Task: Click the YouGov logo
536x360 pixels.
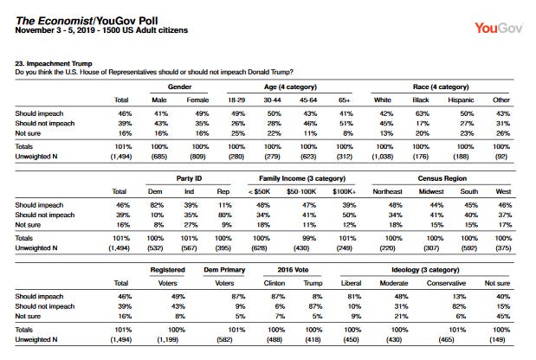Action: point(499,28)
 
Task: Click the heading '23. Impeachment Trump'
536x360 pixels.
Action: point(54,63)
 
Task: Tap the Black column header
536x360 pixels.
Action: point(421,100)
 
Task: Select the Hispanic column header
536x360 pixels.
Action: point(461,100)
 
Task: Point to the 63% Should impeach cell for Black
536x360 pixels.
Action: point(423,113)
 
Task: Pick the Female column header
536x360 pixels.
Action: point(197,100)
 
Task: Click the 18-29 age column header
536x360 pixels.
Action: point(236,100)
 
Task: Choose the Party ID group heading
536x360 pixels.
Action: point(189,178)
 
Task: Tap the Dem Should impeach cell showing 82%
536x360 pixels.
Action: point(157,205)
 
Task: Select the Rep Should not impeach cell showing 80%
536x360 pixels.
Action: point(225,215)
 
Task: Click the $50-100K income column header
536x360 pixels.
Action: point(301,191)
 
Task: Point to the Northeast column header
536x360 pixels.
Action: point(387,191)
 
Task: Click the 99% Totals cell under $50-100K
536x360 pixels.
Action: point(309,238)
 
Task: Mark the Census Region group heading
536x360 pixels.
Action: point(442,178)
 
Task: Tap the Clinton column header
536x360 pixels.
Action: point(274,283)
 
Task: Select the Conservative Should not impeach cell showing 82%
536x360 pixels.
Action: point(459,306)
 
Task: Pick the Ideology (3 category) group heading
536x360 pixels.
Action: point(425,270)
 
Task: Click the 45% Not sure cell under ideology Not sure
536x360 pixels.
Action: point(503,316)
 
